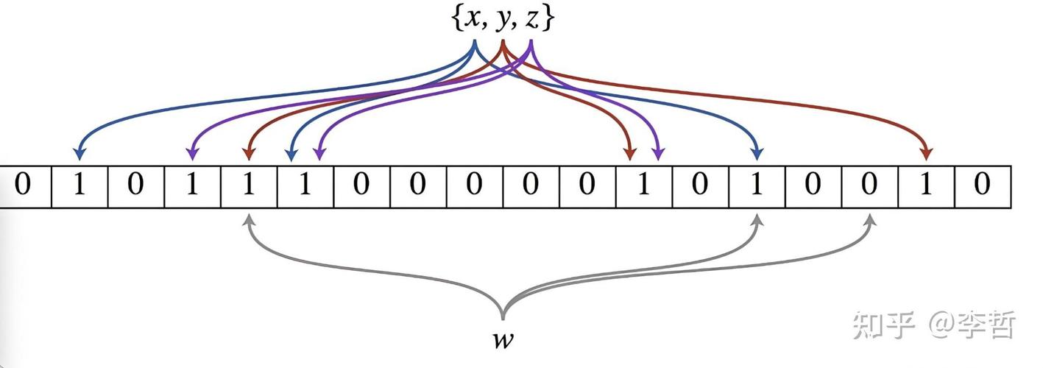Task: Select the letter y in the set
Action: tap(502, 21)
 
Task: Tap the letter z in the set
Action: tap(531, 20)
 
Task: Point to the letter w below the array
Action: tap(503, 340)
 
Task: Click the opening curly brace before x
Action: tap(457, 20)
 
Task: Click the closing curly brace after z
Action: tap(548, 20)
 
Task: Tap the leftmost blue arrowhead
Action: tap(79, 154)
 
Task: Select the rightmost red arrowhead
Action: tap(926, 154)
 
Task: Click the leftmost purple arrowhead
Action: tap(192, 154)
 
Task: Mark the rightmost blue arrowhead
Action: tap(757, 154)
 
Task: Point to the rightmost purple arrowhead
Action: tap(658, 154)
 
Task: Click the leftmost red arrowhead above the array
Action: tap(249, 154)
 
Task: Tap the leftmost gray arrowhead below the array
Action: tap(250, 220)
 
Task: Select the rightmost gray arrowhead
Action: tap(870, 220)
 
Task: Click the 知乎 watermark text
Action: tap(883, 325)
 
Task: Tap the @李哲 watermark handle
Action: tap(972, 325)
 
